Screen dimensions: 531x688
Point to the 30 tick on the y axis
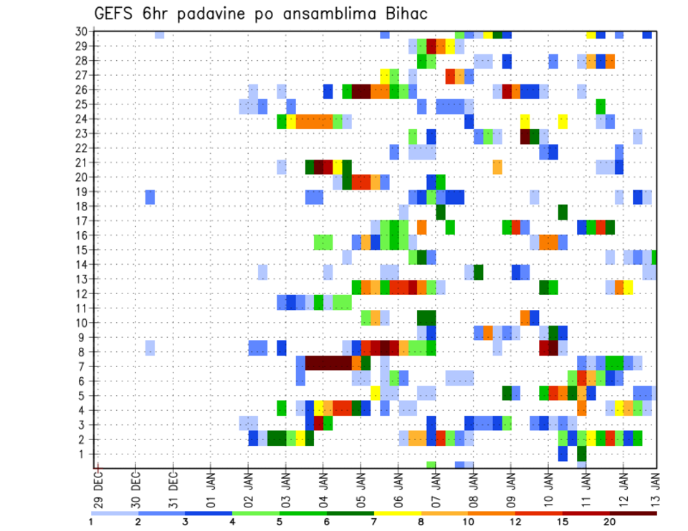click(x=81, y=31)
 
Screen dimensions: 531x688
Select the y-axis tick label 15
click(x=81, y=250)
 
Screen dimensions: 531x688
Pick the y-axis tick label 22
click(x=81, y=147)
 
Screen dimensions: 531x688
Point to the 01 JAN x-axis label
click(x=211, y=487)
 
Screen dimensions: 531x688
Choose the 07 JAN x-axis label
click(x=436, y=487)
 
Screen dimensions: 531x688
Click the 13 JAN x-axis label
click(x=654, y=487)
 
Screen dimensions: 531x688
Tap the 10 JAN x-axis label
click(x=548, y=487)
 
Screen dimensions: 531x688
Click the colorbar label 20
click(x=610, y=522)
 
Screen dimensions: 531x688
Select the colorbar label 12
click(x=515, y=522)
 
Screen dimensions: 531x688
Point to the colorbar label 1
click(x=91, y=522)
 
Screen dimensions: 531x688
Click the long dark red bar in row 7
click(x=328, y=362)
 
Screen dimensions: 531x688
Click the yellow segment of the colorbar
click(x=398, y=513)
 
